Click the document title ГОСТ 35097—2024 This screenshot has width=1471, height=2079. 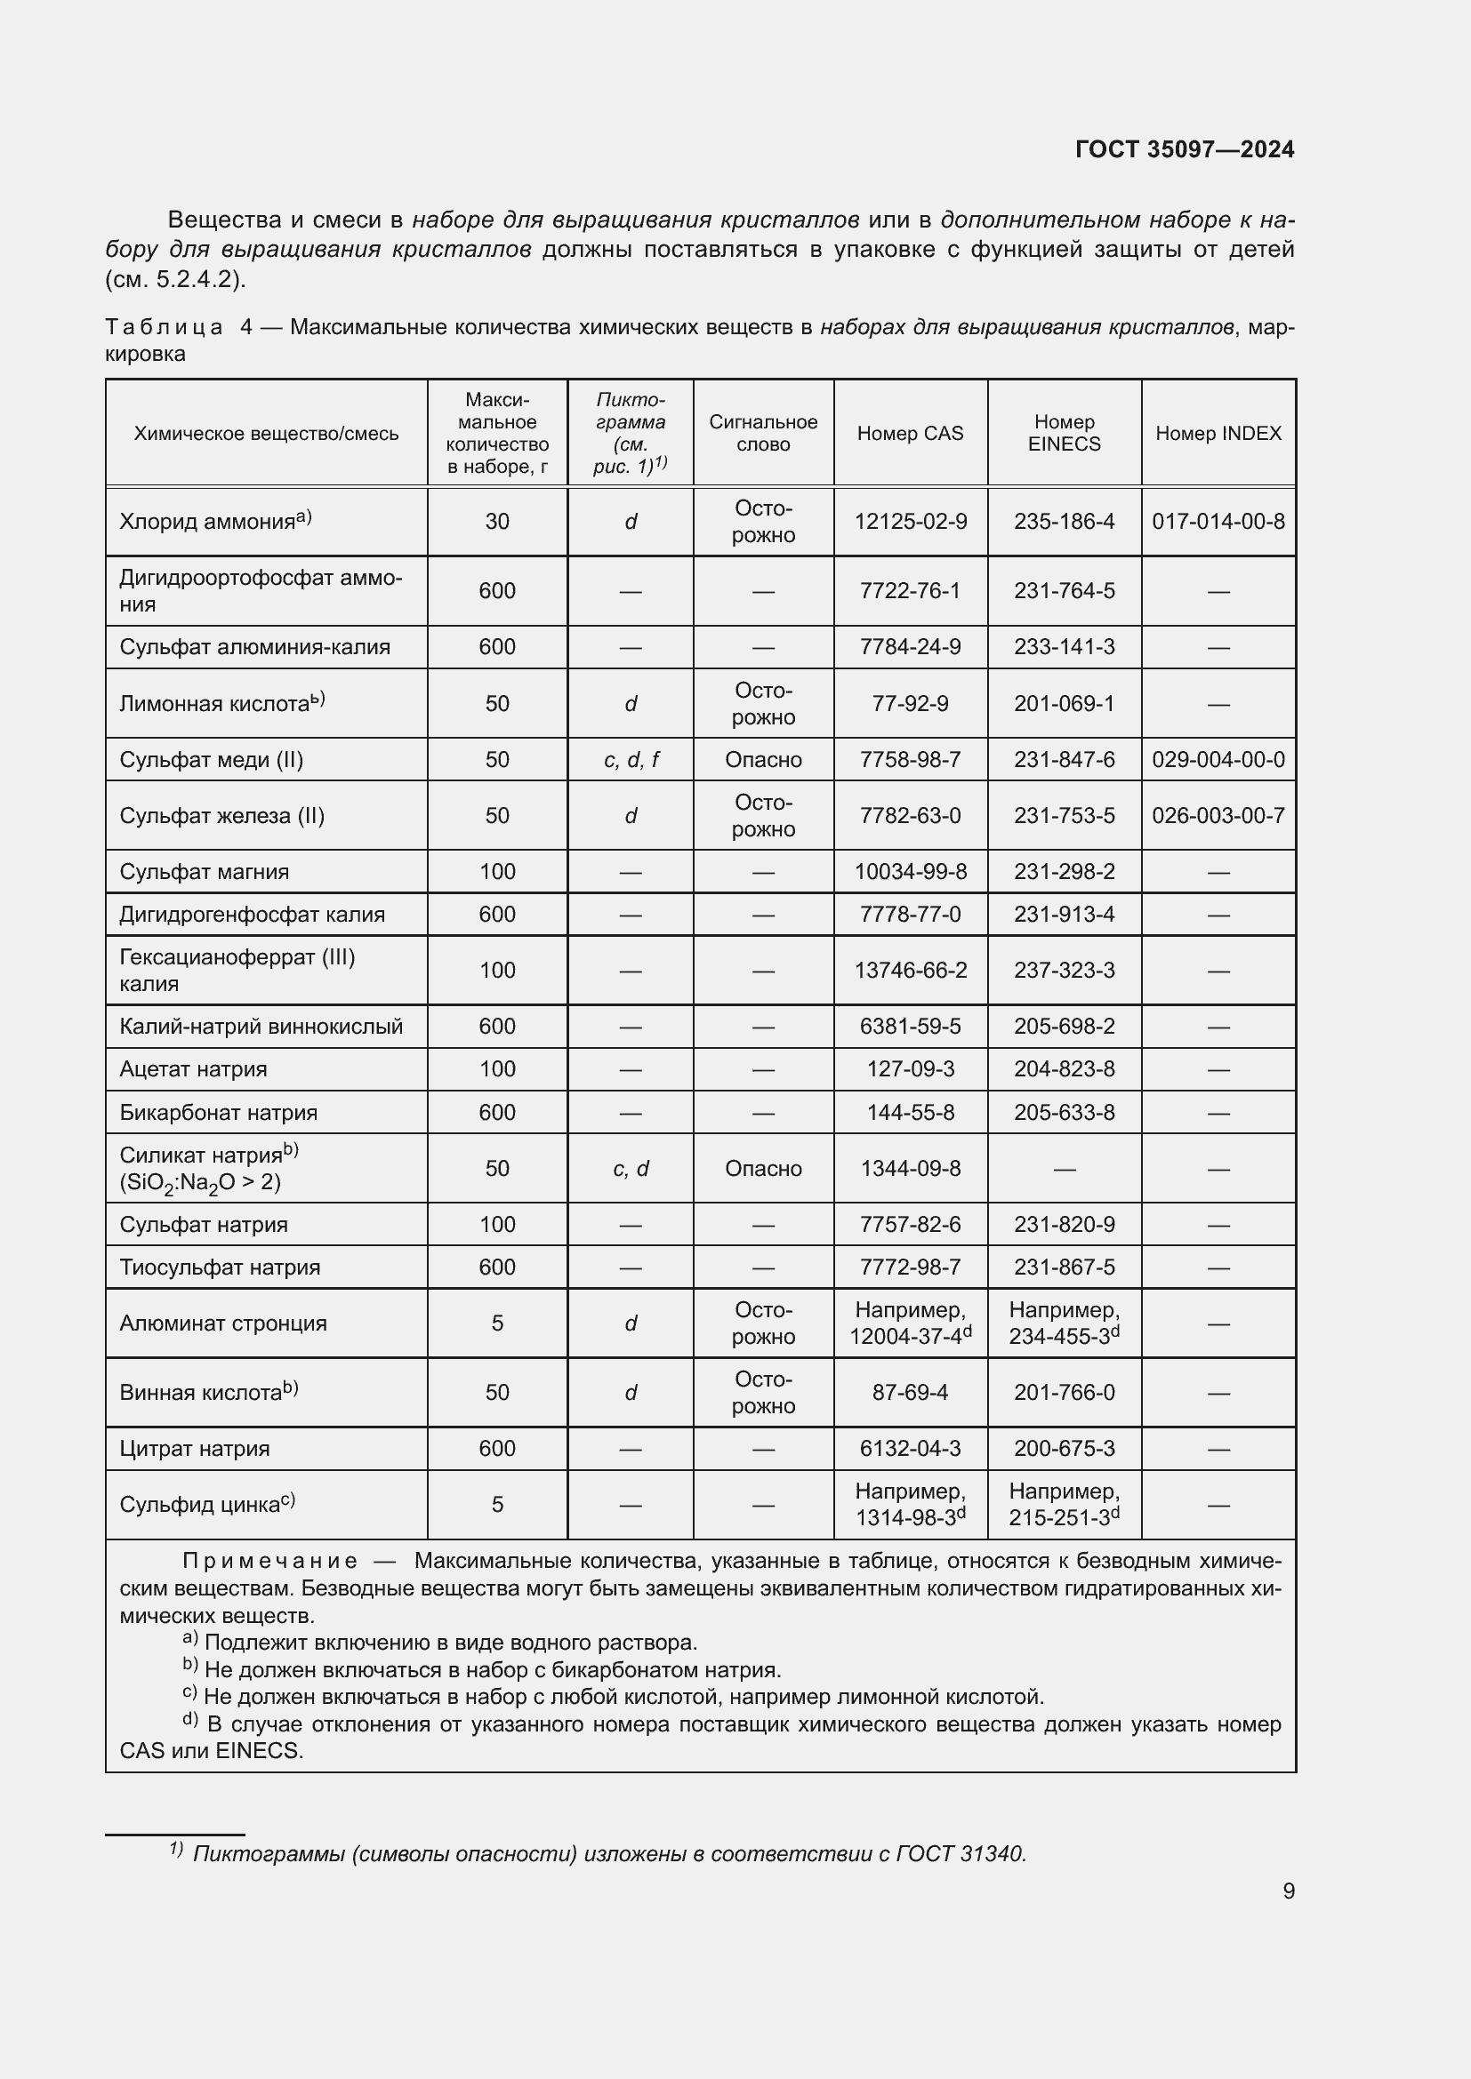[x=1184, y=149]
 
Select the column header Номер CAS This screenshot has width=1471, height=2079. [x=910, y=434]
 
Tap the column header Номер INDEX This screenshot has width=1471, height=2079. [x=1218, y=434]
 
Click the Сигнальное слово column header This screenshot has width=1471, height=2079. [x=763, y=434]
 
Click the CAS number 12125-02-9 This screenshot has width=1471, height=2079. [x=910, y=522]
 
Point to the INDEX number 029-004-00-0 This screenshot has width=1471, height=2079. [x=1218, y=760]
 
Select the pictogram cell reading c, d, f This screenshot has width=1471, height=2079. [x=631, y=760]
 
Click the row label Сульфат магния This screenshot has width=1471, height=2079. [x=204, y=872]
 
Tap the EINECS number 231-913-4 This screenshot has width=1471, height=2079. [x=1064, y=915]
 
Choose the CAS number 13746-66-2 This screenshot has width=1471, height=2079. [x=910, y=971]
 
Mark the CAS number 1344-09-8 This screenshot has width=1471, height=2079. [x=910, y=1169]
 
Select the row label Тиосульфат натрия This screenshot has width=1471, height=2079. [x=219, y=1267]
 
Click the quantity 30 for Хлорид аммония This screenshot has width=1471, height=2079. [x=496, y=522]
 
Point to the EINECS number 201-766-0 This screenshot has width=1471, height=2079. [x=1064, y=1393]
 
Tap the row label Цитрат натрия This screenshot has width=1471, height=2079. [x=194, y=1449]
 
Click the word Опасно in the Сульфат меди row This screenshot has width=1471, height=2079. [x=763, y=760]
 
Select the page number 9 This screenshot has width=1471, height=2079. [x=1288, y=1891]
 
